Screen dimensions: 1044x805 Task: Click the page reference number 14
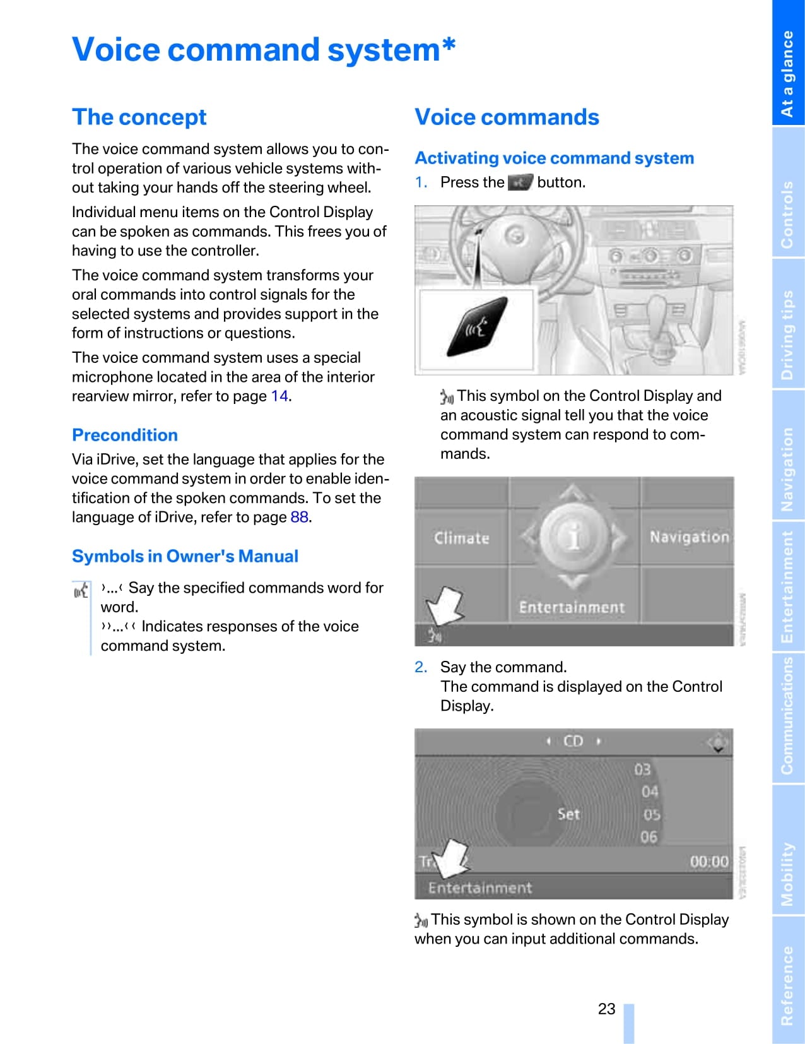tap(279, 396)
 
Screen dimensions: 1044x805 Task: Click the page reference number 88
tap(299, 518)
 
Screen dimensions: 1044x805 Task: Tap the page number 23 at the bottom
tap(606, 1009)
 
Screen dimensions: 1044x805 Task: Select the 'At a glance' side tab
tap(787, 73)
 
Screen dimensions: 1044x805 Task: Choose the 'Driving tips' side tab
tap(787, 335)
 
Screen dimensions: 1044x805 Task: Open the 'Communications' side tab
tap(787, 716)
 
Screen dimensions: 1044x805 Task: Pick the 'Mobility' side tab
tap(787, 874)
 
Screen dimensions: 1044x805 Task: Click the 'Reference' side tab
tap(787, 985)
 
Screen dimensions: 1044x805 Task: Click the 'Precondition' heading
tap(125, 435)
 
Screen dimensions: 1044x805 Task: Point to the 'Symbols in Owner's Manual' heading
tap(185, 556)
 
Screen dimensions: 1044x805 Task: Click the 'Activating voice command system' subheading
tap(554, 158)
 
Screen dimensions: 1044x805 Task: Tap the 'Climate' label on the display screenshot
tap(461, 538)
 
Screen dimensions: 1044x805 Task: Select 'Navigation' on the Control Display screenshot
tap(689, 537)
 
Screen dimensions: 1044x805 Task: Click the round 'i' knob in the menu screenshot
tap(573, 537)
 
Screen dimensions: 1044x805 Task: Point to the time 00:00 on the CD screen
tap(708, 862)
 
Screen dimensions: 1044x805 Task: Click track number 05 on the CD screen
tap(651, 815)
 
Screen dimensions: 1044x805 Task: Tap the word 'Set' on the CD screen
tap(568, 814)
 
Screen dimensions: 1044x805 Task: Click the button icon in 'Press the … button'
tap(520, 182)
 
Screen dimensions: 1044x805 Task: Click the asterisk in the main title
tap(448, 45)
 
